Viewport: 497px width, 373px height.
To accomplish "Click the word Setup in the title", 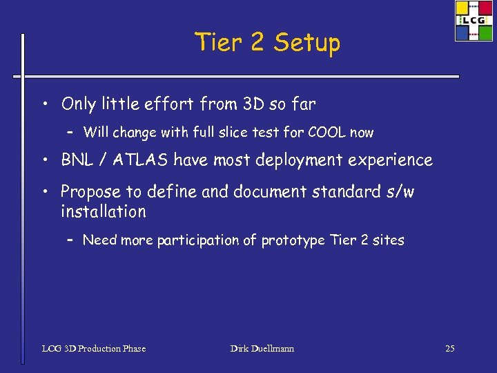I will [306, 44].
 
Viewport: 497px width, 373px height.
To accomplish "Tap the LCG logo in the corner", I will [474, 21].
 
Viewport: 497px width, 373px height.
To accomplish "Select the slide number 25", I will [449, 349].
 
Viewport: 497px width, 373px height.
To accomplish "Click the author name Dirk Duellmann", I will [262, 349].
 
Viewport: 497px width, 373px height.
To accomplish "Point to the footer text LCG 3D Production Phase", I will [94, 349].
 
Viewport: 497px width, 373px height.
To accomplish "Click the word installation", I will [104, 211].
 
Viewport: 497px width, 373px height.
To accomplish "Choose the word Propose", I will [90, 192].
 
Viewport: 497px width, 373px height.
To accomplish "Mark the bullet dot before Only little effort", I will [44, 105].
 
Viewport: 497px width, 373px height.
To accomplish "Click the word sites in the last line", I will [388, 240].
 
